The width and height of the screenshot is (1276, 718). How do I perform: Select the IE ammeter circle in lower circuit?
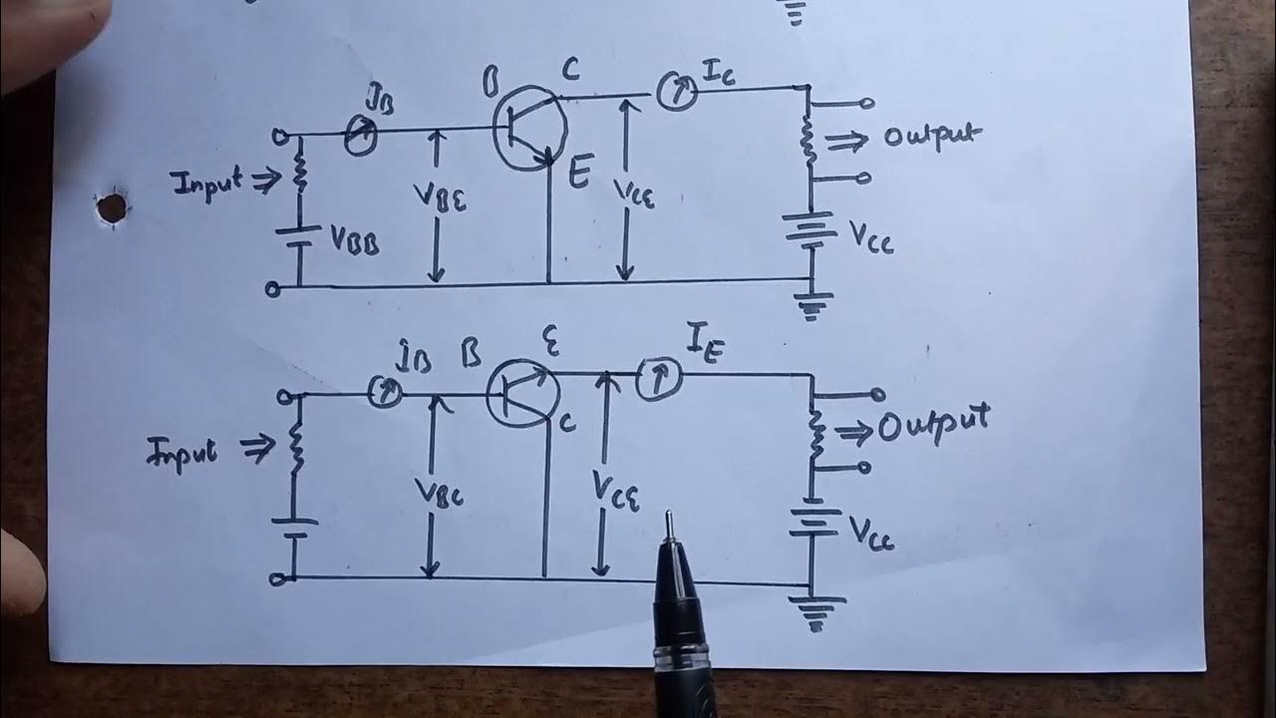point(657,380)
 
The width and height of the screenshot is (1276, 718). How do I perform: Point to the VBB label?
point(354,241)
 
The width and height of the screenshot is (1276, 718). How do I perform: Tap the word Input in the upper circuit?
point(206,183)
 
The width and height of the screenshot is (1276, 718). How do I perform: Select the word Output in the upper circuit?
point(926,137)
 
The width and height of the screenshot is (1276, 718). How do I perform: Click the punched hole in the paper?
point(113,207)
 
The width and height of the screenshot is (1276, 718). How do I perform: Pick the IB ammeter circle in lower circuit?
point(385,393)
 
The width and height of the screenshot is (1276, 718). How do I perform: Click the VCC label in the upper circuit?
point(871,236)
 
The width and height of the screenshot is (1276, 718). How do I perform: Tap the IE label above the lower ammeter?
point(702,346)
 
